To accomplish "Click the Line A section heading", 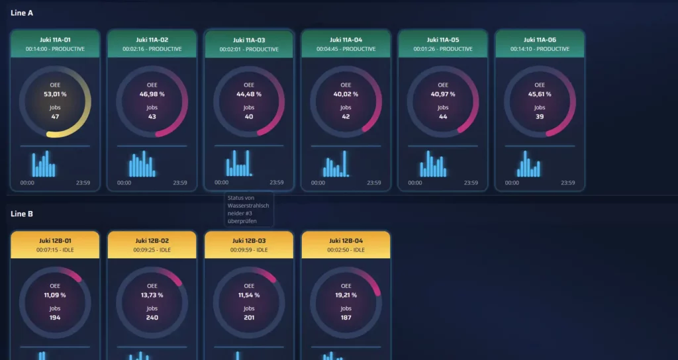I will pyautogui.click(x=22, y=13).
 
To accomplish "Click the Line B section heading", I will pyautogui.click(x=22, y=214).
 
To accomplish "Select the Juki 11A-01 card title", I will pyautogui.click(x=55, y=40).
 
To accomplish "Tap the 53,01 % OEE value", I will pyautogui.click(x=55, y=94).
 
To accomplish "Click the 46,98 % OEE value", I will pyautogui.click(x=152, y=94).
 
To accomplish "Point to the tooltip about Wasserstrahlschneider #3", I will pyautogui.click(x=248, y=209).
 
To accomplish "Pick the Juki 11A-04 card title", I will pyautogui.click(x=346, y=40).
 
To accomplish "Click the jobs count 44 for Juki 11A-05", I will pyautogui.click(x=443, y=116).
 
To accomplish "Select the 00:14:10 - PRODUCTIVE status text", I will pyautogui.click(x=540, y=49).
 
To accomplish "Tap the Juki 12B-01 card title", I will pyautogui.click(x=55, y=241).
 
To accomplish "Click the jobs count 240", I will pyautogui.click(x=152, y=318).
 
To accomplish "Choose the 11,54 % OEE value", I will pyautogui.click(x=249, y=295).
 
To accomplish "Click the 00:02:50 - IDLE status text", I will pyautogui.click(x=346, y=250).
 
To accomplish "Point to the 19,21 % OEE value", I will pyautogui.click(x=346, y=295).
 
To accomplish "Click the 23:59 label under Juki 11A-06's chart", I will pyautogui.click(x=567, y=183).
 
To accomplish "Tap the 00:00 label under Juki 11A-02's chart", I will pyautogui.click(x=124, y=183).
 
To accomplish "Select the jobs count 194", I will pyautogui.click(x=55, y=318).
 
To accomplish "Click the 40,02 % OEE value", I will pyautogui.click(x=346, y=94).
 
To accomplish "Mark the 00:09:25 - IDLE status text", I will pyautogui.click(x=152, y=250).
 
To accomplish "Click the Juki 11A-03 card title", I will pyautogui.click(x=249, y=40).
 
